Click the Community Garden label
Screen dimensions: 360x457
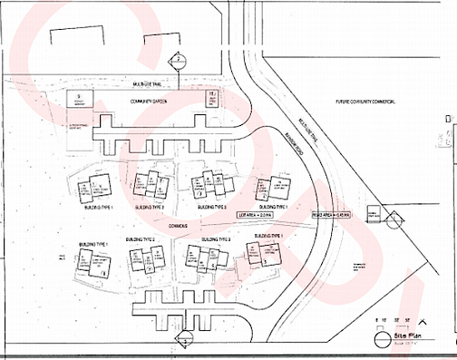[x=145, y=100]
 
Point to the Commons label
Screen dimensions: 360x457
[x=178, y=224]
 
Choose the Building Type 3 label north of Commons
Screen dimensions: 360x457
[x=209, y=208]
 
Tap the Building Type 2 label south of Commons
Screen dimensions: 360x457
[x=141, y=239]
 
